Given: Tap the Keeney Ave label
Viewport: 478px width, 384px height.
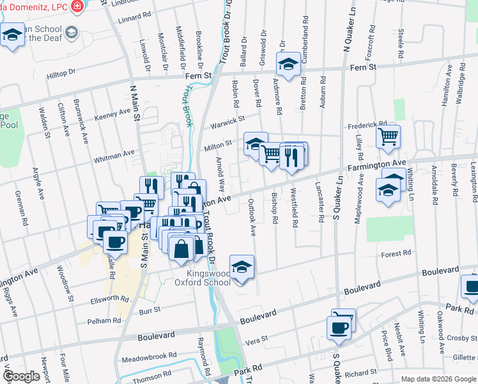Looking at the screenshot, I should coord(112,113).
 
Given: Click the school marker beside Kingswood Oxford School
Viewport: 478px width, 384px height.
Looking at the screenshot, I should coord(242,268).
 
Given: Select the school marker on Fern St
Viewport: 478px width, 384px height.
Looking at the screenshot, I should coord(288,64).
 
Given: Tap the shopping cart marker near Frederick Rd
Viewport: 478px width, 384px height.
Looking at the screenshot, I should coord(388,136).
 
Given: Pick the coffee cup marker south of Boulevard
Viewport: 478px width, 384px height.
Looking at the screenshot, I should coord(338,328).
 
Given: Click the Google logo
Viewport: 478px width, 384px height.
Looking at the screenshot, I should coord(22,376).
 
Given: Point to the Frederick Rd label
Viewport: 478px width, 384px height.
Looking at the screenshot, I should coord(367,125).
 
